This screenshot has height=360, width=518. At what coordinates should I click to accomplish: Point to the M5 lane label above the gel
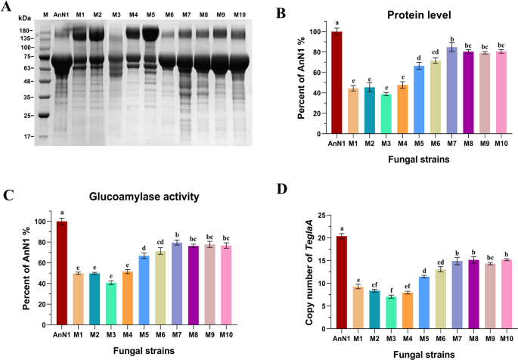[x=150, y=15]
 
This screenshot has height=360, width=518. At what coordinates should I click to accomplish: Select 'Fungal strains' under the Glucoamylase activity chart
[x=143, y=351]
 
